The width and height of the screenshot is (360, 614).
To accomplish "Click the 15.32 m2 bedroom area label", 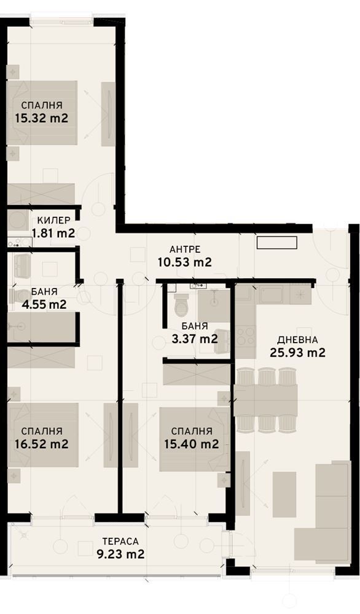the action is pos(42,118).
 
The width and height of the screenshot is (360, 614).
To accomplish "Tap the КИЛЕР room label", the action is pos(55,220).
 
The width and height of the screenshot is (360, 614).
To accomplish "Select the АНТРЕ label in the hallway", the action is pos(185,249).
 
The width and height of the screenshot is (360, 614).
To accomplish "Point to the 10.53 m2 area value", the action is pos(184,262).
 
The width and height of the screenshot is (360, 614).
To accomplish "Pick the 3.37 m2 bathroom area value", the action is pos(195,338).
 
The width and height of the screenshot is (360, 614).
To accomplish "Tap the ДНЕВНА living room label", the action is pos(297,340).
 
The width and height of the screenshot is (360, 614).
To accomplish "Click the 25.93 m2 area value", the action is pos(298,352).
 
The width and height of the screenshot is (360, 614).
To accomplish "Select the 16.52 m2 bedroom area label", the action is pos(42,444).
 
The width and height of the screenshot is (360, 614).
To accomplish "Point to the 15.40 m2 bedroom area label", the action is pos(192,444).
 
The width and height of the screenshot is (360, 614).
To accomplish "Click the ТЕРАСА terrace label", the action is pos(120,542).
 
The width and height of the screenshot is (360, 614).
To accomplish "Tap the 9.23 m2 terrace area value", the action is pos(120,554).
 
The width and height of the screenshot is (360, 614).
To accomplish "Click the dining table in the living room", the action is pos(265,400).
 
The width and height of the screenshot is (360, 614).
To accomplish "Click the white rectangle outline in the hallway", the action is pos(277,243).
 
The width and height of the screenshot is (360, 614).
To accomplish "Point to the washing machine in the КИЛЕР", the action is pos(18,220).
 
